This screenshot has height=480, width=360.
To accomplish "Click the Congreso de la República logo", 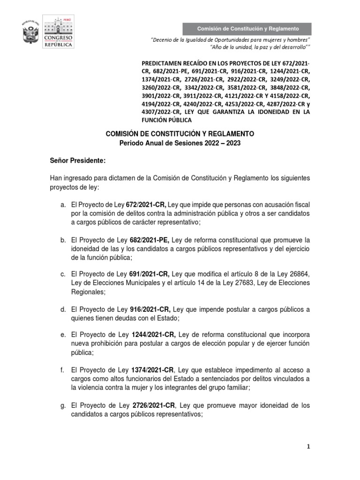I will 58,32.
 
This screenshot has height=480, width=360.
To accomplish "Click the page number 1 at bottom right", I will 308,447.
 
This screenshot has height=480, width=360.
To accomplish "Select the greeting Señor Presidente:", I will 78,161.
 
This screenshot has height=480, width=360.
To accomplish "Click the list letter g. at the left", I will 62,405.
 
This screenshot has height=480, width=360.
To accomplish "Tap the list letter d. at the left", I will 62,309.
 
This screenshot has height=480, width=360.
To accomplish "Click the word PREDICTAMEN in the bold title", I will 162,63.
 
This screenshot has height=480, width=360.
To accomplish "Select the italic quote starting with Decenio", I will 231,40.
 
